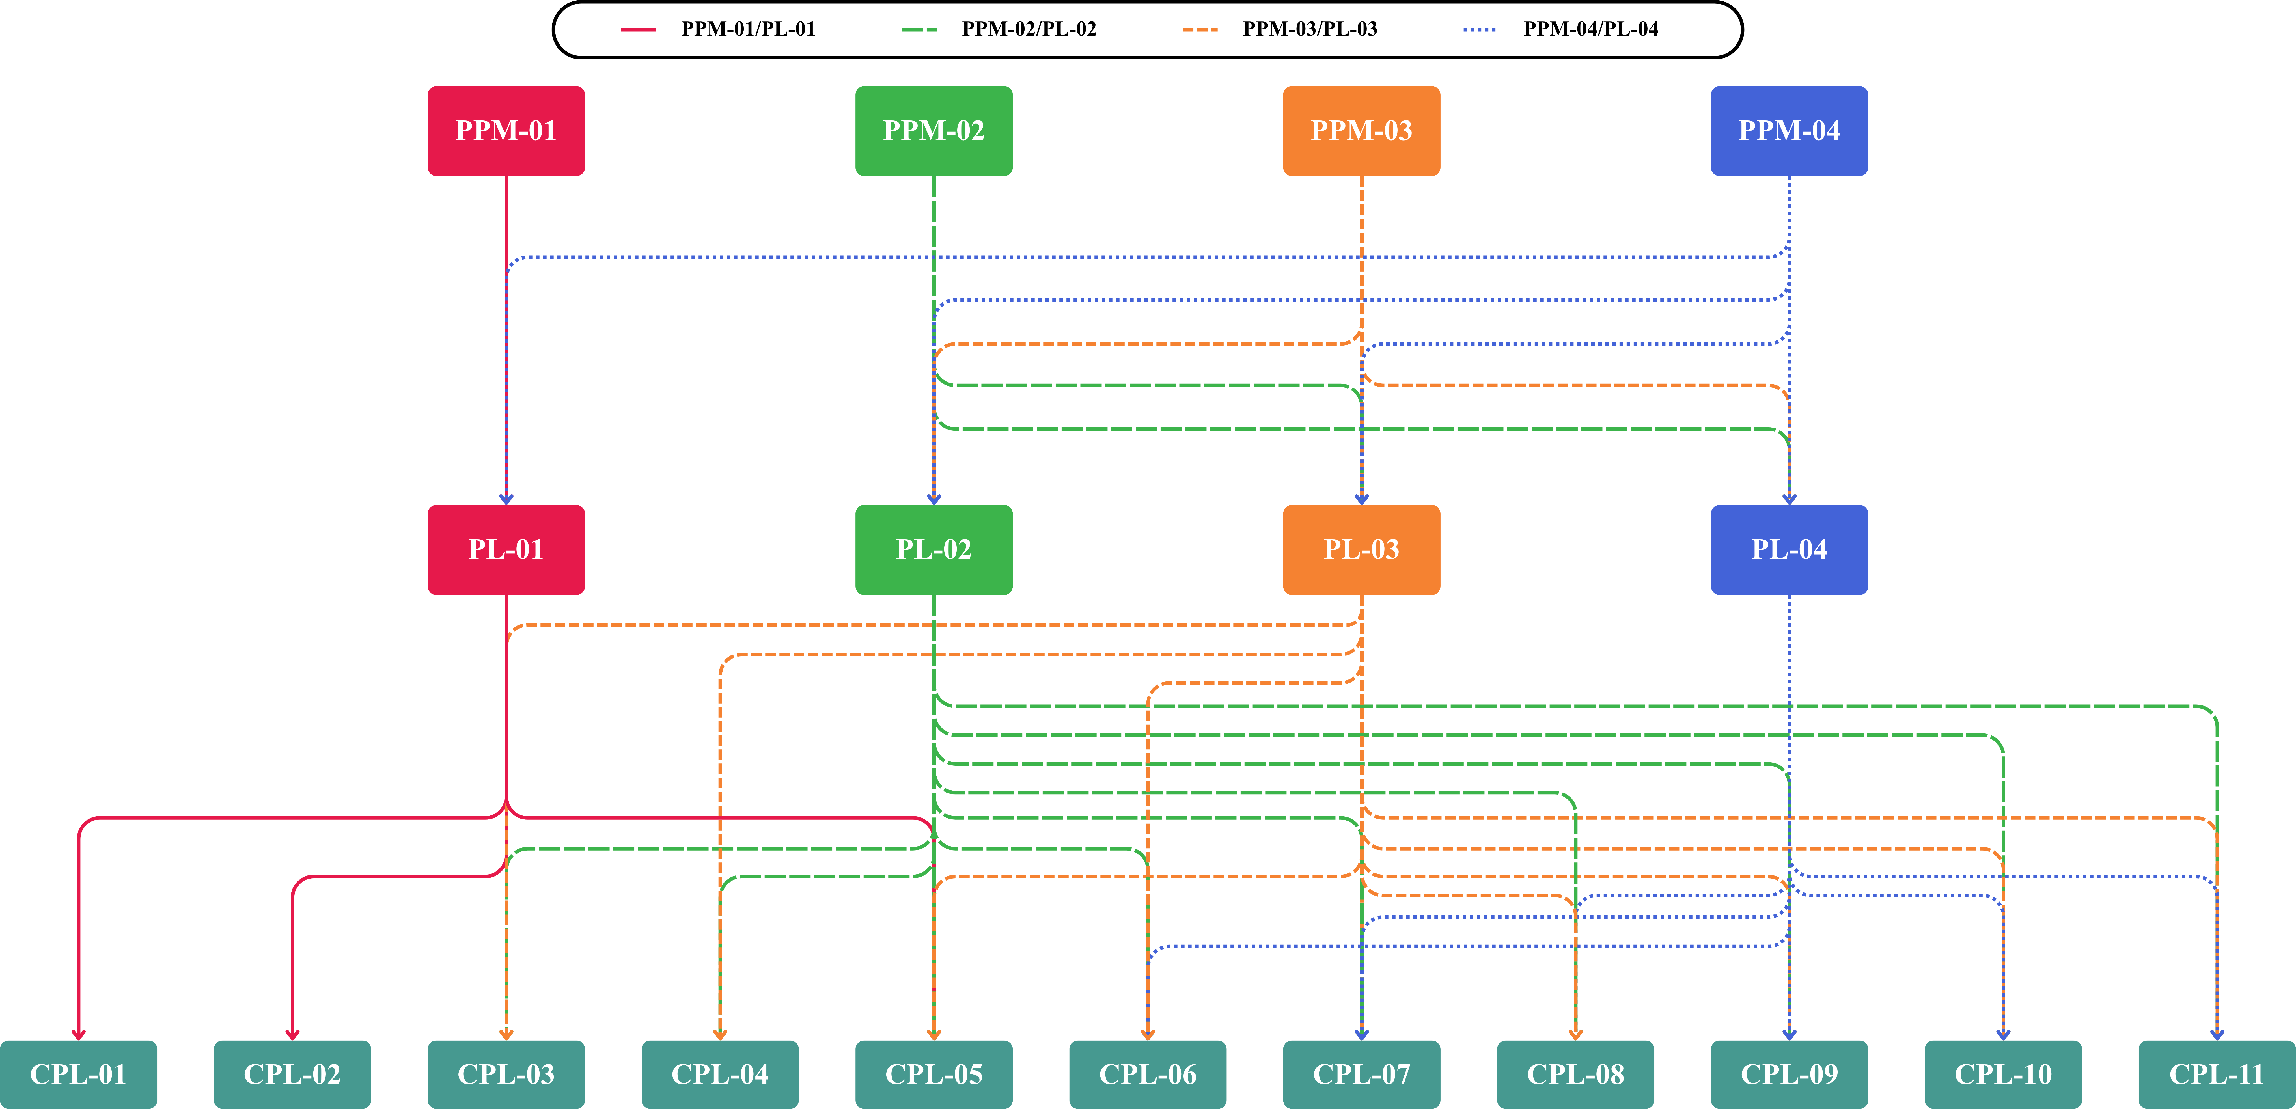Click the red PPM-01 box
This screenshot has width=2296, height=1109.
click(x=506, y=131)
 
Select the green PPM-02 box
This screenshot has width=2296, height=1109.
click(x=934, y=131)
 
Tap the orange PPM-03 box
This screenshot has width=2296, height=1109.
click(x=1362, y=131)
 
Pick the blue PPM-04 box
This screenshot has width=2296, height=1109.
click(x=1790, y=131)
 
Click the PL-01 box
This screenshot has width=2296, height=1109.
click(x=506, y=550)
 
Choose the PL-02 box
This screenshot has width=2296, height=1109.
click(x=934, y=550)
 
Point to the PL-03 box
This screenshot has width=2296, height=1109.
click(x=1362, y=550)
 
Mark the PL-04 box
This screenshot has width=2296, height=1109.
click(x=1790, y=550)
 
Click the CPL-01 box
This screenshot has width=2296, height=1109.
click(x=78, y=1074)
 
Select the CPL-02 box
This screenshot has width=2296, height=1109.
click(x=292, y=1074)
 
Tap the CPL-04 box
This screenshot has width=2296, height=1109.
click(x=720, y=1074)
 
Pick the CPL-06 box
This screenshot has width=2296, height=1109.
click(x=1148, y=1074)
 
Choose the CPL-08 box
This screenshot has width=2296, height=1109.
click(x=1576, y=1074)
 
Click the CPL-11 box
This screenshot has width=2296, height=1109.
click(x=2218, y=1074)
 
